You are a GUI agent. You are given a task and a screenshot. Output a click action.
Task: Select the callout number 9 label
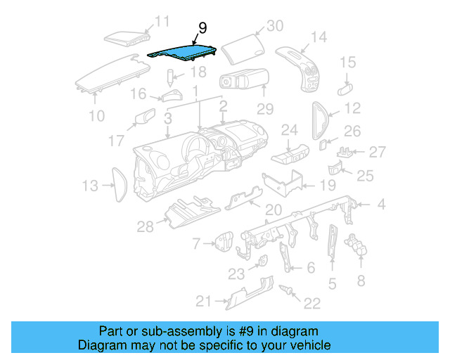pyautogui.click(x=202, y=28)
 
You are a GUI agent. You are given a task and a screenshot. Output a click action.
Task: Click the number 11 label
pyautogui.click(x=162, y=22)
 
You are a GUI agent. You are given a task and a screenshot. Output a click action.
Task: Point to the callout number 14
pyautogui.click(x=319, y=37)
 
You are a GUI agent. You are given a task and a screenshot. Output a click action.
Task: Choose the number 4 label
pyautogui.click(x=380, y=205)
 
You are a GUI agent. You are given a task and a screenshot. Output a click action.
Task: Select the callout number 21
pyautogui.click(x=203, y=302)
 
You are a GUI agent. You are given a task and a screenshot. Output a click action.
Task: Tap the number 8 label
pyautogui.click(x=361, y=281)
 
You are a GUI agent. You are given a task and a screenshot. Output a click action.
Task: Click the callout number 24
pyautogui.click(x=290, y=129)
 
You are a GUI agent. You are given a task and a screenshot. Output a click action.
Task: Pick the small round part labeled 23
pyautogui.click(x=262, y=263)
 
